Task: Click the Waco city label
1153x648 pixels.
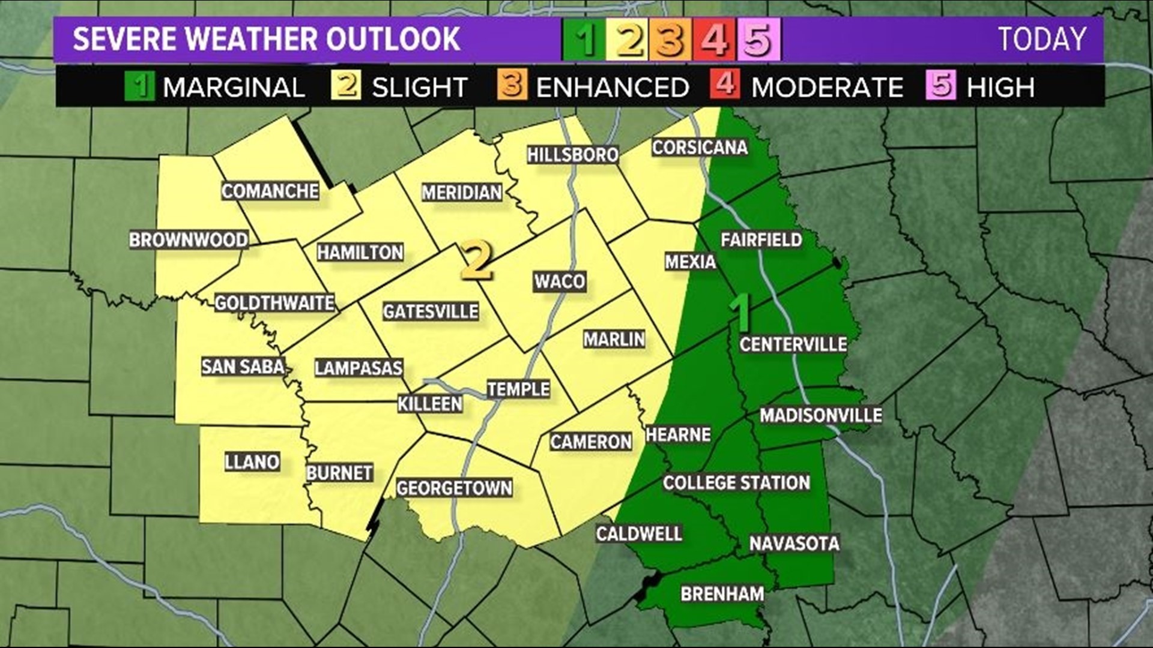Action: click(560, 281)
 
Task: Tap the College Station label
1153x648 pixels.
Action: click(736, 483)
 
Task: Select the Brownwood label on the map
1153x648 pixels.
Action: click(189, 240)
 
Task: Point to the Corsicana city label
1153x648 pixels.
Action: click(700, 148)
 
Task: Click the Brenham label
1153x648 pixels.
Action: click(722, 594)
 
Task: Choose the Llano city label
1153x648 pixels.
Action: click(252, 462)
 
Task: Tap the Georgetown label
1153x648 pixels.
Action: click(454, 488)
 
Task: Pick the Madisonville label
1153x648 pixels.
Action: click(820, 415)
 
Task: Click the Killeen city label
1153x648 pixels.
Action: click(430, 404)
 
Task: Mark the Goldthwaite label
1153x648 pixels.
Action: click(274, 303)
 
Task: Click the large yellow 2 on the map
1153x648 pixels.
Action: click(477, 262)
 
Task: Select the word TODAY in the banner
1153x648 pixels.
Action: click(1043, 40)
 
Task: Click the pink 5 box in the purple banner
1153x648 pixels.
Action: click(759, 40)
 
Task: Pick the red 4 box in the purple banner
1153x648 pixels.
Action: click(714, 40)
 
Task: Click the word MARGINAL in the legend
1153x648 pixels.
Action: click(234, 88)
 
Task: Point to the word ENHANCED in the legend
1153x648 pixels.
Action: click(612, 88)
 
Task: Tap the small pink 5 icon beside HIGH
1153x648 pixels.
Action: click(940, 85)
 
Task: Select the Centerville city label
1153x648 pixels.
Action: click(793, 344)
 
